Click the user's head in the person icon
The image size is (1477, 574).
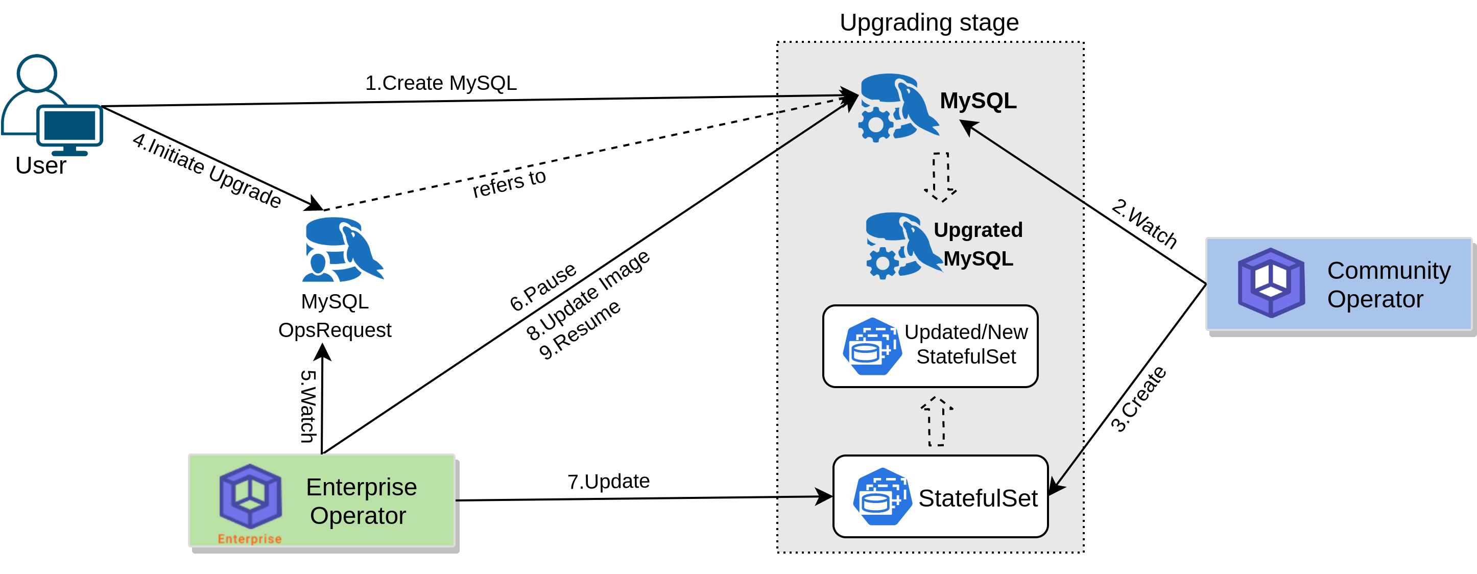tap(37, 73)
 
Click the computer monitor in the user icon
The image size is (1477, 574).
tap(70, 126)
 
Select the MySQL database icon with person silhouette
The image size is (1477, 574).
tap(342, 249)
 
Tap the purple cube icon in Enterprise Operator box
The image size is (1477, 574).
tap(251, 496)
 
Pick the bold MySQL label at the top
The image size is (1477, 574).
tap(978, 101)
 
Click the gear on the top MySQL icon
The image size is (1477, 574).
tap(874, 125)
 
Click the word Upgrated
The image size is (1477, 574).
tap(978, 230)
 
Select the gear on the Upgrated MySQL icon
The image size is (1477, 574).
tap(882, 264)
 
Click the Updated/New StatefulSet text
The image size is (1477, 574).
tap(966, 344)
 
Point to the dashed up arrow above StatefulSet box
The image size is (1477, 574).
tap(936, 421)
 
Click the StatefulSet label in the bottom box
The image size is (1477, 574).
tap(978, 498)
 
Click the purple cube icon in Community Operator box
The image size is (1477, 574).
tap(1271, 283)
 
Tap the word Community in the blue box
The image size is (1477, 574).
tap(1388, 270)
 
